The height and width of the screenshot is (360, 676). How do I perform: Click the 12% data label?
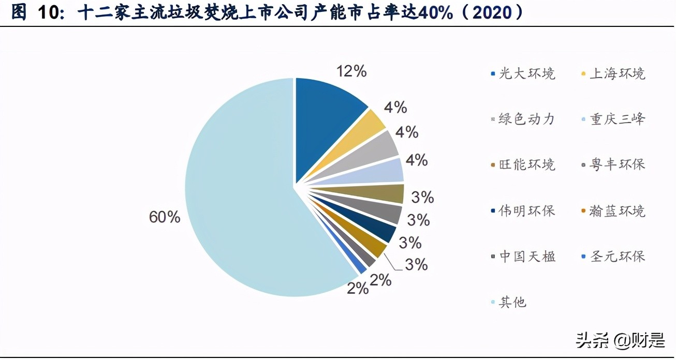(351, 71)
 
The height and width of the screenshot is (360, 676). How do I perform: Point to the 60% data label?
(164, 217)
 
